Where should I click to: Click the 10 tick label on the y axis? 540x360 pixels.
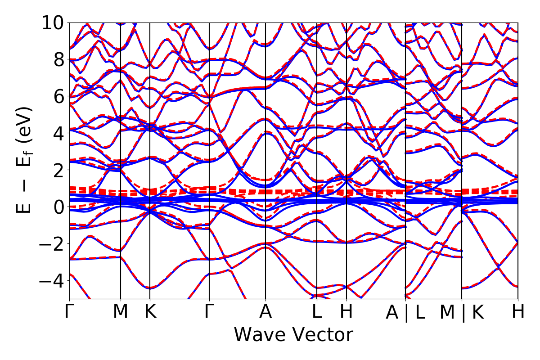point(53,22)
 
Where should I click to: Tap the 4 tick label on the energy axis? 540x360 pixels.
point(58,133)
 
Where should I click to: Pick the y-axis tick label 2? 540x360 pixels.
point(58,170)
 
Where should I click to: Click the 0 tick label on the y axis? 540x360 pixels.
point(58,207)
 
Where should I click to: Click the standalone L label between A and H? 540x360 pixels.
point(317,311)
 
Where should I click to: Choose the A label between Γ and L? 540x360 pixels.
point(265,311)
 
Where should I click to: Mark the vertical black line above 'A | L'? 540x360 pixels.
point(406,135)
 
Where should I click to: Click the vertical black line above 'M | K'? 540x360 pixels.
point(462,135)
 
